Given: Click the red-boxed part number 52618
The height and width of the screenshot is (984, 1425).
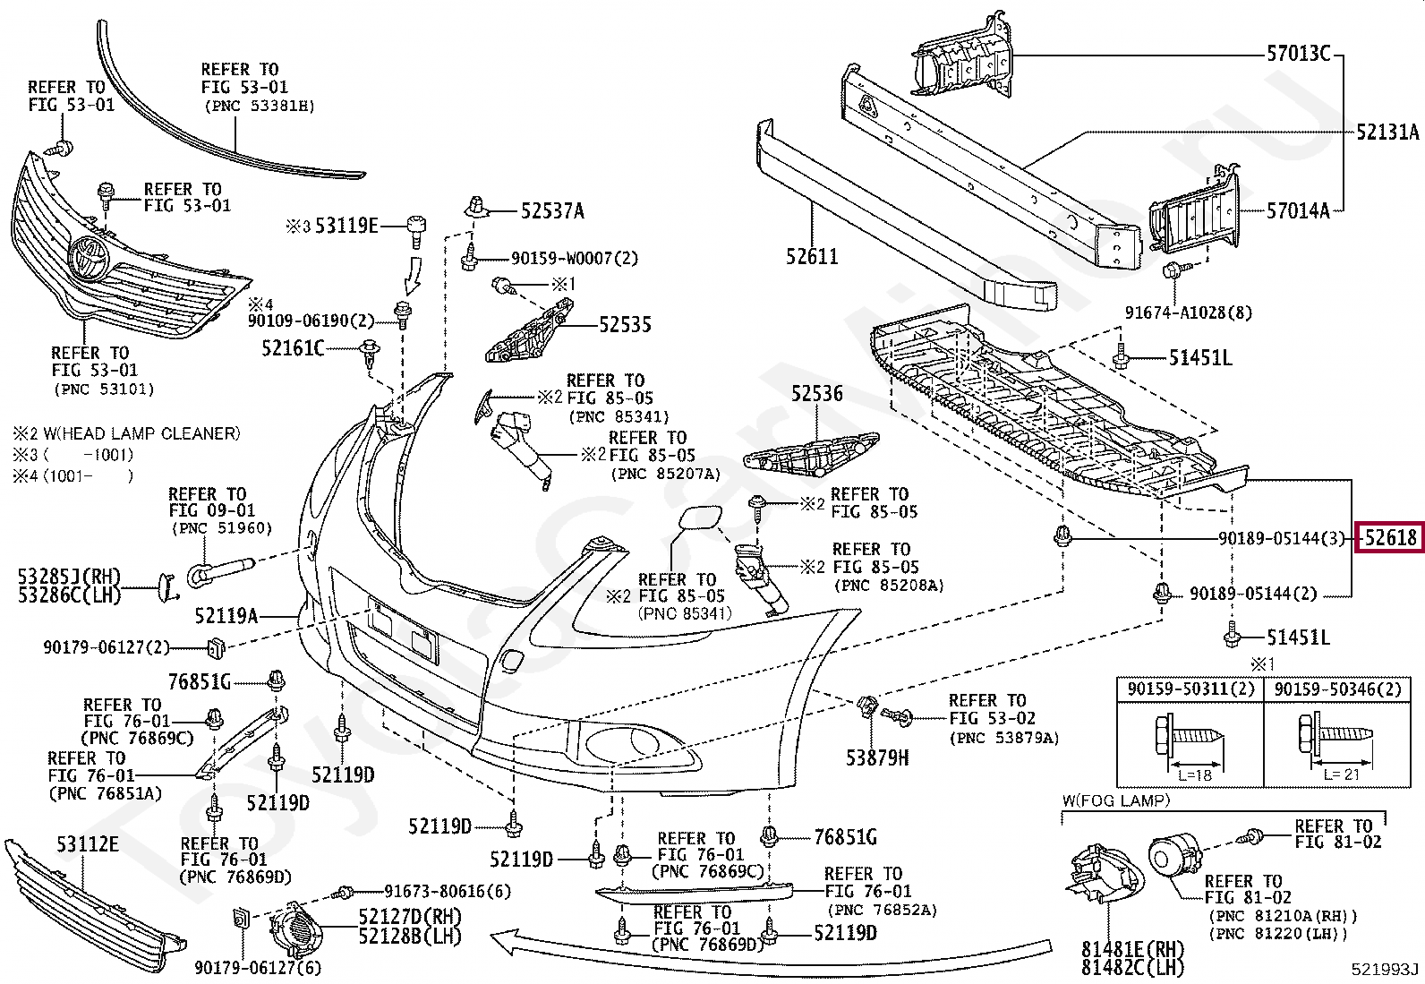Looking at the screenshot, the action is (1390, 538).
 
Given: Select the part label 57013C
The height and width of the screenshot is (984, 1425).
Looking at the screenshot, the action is (1298, 54).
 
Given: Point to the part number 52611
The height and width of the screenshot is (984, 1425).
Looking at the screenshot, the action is (812, 256).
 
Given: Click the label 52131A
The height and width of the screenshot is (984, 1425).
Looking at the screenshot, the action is (1387, 132).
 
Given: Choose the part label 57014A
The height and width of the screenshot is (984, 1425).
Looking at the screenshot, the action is (1298, 210).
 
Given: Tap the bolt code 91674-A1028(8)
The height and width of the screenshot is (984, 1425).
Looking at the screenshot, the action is (1189, 312).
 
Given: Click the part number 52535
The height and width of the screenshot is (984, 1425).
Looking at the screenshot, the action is (626, 325).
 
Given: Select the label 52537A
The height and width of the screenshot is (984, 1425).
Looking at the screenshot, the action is (552, 210).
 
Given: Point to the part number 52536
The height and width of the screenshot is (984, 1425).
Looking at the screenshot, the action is (817, 393).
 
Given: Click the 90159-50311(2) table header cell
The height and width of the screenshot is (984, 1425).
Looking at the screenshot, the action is (1190, 689).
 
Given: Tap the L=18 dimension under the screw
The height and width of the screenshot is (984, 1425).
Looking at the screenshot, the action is (1195, 775).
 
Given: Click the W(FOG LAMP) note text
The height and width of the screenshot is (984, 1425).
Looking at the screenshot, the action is (1116, 800).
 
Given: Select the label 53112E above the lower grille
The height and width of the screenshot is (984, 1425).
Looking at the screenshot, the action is (87, 844).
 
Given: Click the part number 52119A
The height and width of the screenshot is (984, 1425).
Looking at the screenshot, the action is (226, 616).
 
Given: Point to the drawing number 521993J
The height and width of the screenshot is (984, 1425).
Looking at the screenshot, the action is (1385, 970).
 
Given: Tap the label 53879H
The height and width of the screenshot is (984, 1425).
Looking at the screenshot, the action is (877, 757).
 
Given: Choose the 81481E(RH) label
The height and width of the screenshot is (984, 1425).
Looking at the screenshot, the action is (1132, 950).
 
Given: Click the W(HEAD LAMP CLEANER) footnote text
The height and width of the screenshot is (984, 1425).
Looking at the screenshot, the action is (126, 434).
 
